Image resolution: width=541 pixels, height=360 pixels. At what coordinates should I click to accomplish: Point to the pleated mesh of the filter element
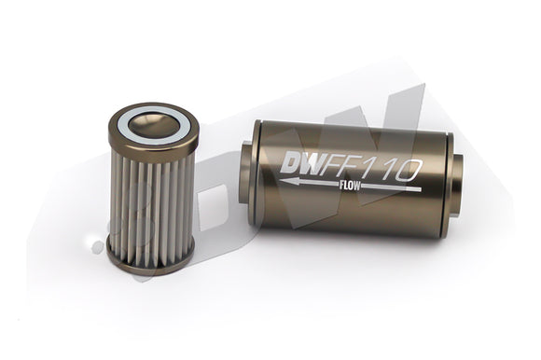149,195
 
